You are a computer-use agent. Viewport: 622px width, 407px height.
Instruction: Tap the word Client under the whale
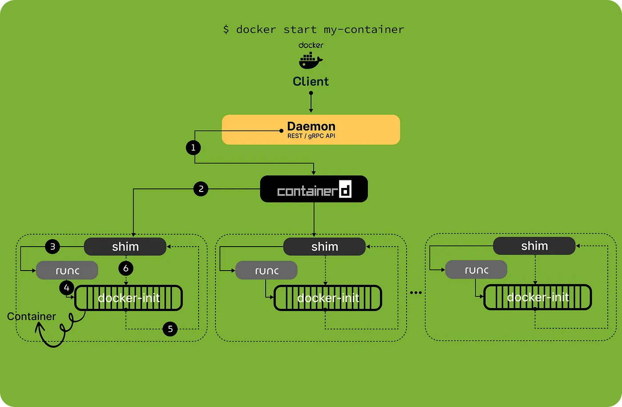[311, 81]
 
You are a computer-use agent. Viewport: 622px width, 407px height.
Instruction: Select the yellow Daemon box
[311, 130]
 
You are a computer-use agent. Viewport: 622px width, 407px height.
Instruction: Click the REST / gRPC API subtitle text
[311, 136]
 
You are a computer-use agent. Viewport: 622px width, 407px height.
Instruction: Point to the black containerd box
[314, 189]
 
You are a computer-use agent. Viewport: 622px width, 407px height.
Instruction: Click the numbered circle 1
[193, 148]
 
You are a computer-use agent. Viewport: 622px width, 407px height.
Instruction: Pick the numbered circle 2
[201, 189]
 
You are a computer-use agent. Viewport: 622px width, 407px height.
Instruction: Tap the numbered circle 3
[52, 246]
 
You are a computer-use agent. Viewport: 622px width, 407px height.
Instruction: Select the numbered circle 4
[67, 288]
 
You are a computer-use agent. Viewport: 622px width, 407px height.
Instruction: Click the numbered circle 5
[170, 329]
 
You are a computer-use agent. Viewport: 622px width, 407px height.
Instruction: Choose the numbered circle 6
[126, 268]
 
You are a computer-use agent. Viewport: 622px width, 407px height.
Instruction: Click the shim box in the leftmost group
[125, 247]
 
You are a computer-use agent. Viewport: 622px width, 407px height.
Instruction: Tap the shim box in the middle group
[324, 247]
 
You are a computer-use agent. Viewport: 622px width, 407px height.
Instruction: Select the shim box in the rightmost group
[534, 246]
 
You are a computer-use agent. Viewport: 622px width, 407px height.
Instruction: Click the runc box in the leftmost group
[67, 270]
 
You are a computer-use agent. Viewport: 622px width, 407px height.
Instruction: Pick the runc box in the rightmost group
[476, 270]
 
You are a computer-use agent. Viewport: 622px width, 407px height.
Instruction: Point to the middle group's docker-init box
[328, 298]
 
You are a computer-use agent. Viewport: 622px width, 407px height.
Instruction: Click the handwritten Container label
[32, 316]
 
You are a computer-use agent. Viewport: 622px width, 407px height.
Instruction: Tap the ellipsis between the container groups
[416, 292]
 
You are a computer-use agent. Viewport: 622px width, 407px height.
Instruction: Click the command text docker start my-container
[314, 29]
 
